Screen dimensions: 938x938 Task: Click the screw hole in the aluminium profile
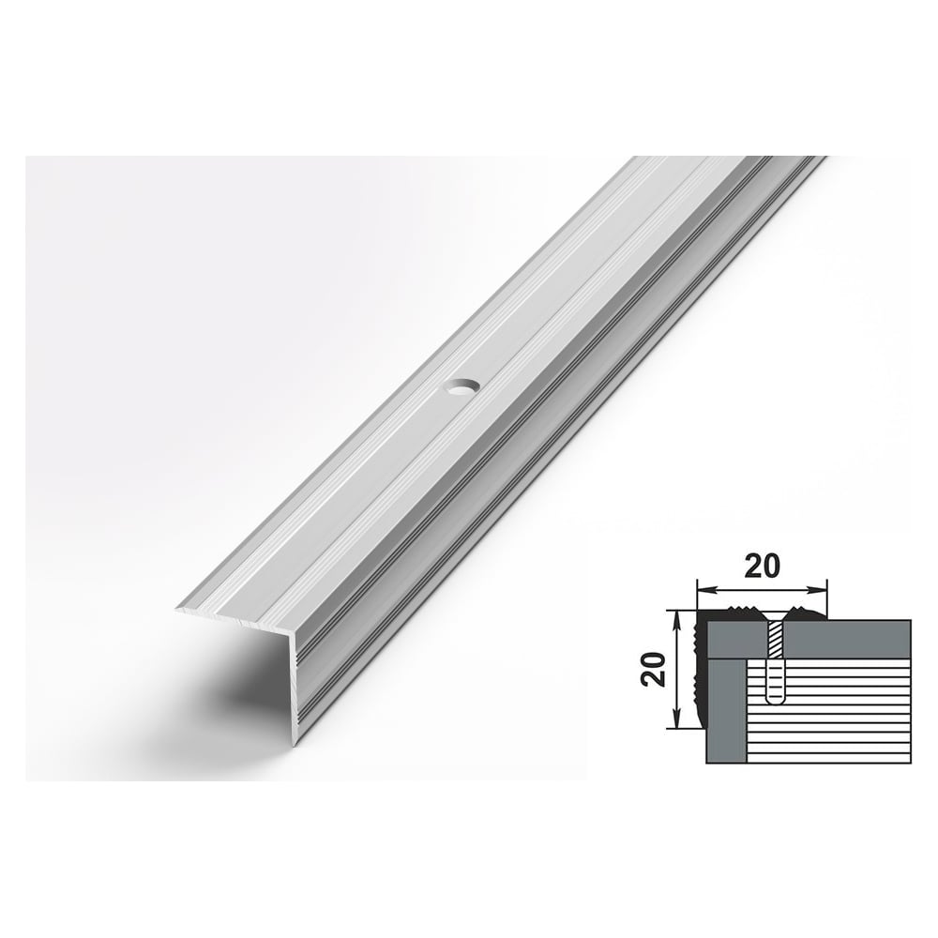[x=461, y=388]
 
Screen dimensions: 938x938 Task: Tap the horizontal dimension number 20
[x=762, y=566]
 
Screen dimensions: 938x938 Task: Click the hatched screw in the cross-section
[x=776, y=640]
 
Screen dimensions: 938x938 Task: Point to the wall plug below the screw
[x=776, y=681]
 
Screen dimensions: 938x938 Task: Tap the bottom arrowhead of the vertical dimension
[x=676, y=720]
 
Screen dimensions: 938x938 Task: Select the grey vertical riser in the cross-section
[x=727, y=711]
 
